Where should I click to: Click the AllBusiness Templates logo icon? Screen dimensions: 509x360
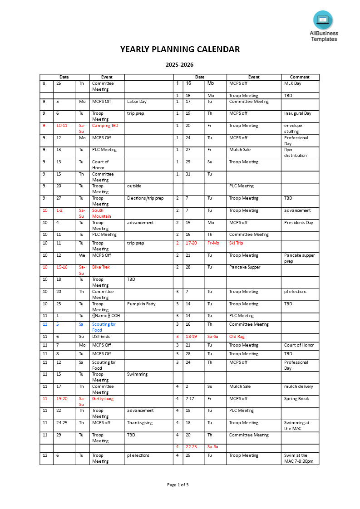coord(323,20)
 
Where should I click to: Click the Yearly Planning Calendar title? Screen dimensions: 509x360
coord(180,49)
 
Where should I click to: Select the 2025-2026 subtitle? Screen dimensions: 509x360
coord(180,65)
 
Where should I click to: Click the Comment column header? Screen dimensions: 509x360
coord(300,77)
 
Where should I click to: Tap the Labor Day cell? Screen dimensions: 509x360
coord(137,102)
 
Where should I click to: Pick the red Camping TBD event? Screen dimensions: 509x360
coord(105,126)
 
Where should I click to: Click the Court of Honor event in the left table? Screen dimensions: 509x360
coord(100,165)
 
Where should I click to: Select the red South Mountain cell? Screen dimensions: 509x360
coord(101,213)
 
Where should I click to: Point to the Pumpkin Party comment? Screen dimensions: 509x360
coord(141,304)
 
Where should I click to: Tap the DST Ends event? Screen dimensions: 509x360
coord(101,337)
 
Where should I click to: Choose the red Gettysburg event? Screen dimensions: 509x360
coord(103,399)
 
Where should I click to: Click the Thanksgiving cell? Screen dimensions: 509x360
coord(140,423)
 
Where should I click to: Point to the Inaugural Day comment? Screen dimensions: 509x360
coord(298,113)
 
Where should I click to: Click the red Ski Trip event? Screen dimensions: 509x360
coord(236,243)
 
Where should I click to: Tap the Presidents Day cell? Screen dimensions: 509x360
coord(299,223)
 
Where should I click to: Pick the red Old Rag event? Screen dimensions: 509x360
coord(237,337)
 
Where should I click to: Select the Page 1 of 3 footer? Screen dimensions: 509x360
coord(178,485)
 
